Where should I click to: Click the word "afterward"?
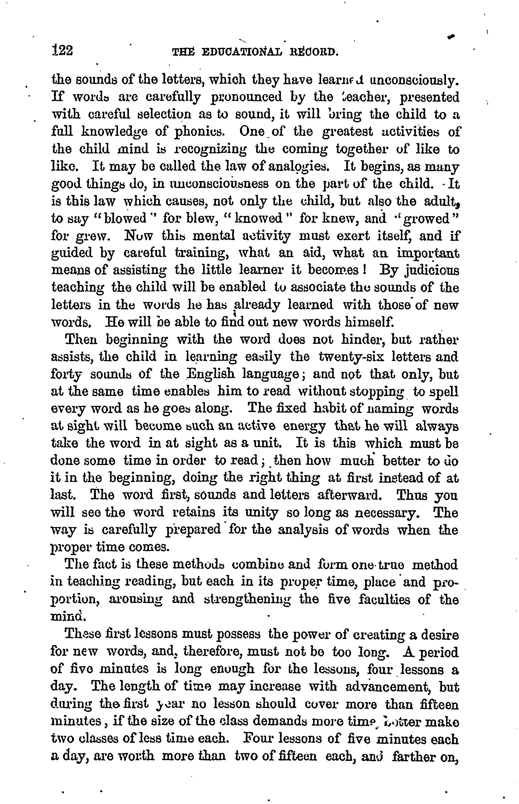[x=352, y=495]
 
